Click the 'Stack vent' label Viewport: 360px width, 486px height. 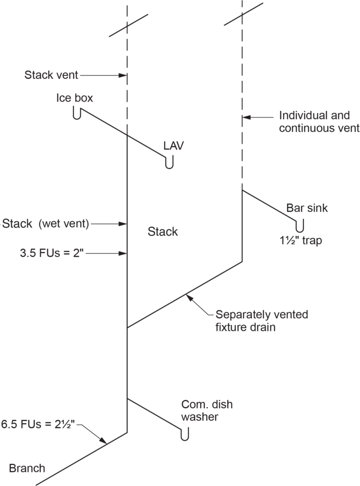point(51,75)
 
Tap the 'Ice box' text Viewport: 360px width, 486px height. point(74,98)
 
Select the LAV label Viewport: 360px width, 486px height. point(173,145)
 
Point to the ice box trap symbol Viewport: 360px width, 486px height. point(77,114)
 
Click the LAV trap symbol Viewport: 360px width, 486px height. point(169,162)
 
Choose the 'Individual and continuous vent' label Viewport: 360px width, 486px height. point(314,122)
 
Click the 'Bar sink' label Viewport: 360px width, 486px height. point(306,208)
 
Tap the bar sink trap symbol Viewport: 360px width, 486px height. point(300,225)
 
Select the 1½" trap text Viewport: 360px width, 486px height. point(301,241)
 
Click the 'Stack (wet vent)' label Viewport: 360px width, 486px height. point(46,224)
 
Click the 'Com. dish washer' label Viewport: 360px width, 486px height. point(207,411)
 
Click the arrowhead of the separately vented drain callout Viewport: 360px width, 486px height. point(188,297)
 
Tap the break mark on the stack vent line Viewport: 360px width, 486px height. point(128,25)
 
